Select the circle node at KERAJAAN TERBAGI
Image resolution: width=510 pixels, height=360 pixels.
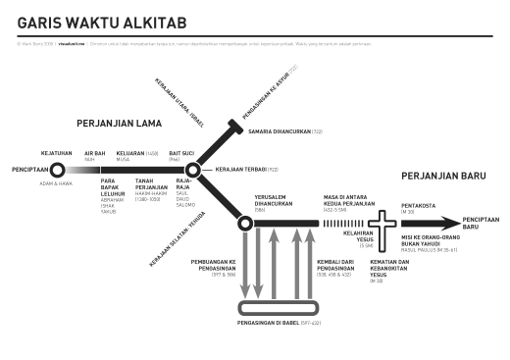pos(193,171)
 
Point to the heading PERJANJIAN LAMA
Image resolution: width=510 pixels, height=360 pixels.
pos(119,125)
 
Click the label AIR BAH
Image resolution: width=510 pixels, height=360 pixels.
pos(94,153)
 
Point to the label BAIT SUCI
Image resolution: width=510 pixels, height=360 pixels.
pos(181,153)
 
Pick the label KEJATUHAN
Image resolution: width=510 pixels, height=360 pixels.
pos(55,153)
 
